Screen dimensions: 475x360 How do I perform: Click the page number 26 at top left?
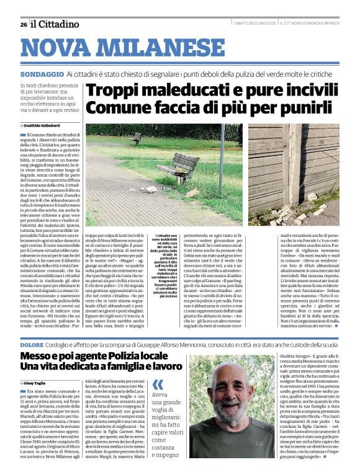coord(24,24)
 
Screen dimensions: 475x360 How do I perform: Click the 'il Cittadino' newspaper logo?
coord(56,24)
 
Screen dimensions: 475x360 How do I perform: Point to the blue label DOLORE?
coord(32,344)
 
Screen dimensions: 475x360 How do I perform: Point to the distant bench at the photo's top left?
coord(135,138)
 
